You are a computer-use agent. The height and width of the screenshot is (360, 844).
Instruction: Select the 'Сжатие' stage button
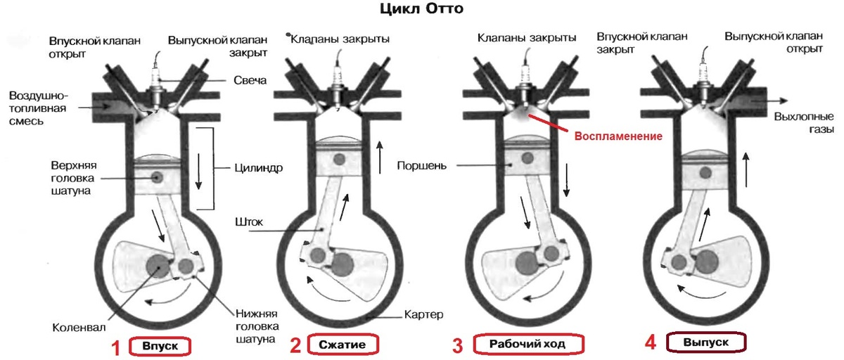(x=343, y=345)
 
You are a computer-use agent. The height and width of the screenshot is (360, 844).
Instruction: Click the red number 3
(x=458, y=345)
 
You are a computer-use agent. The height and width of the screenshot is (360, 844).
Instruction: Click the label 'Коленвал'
(x=76, y=327)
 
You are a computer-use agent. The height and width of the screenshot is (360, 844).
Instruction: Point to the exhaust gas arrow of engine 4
(x=775, y=100)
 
